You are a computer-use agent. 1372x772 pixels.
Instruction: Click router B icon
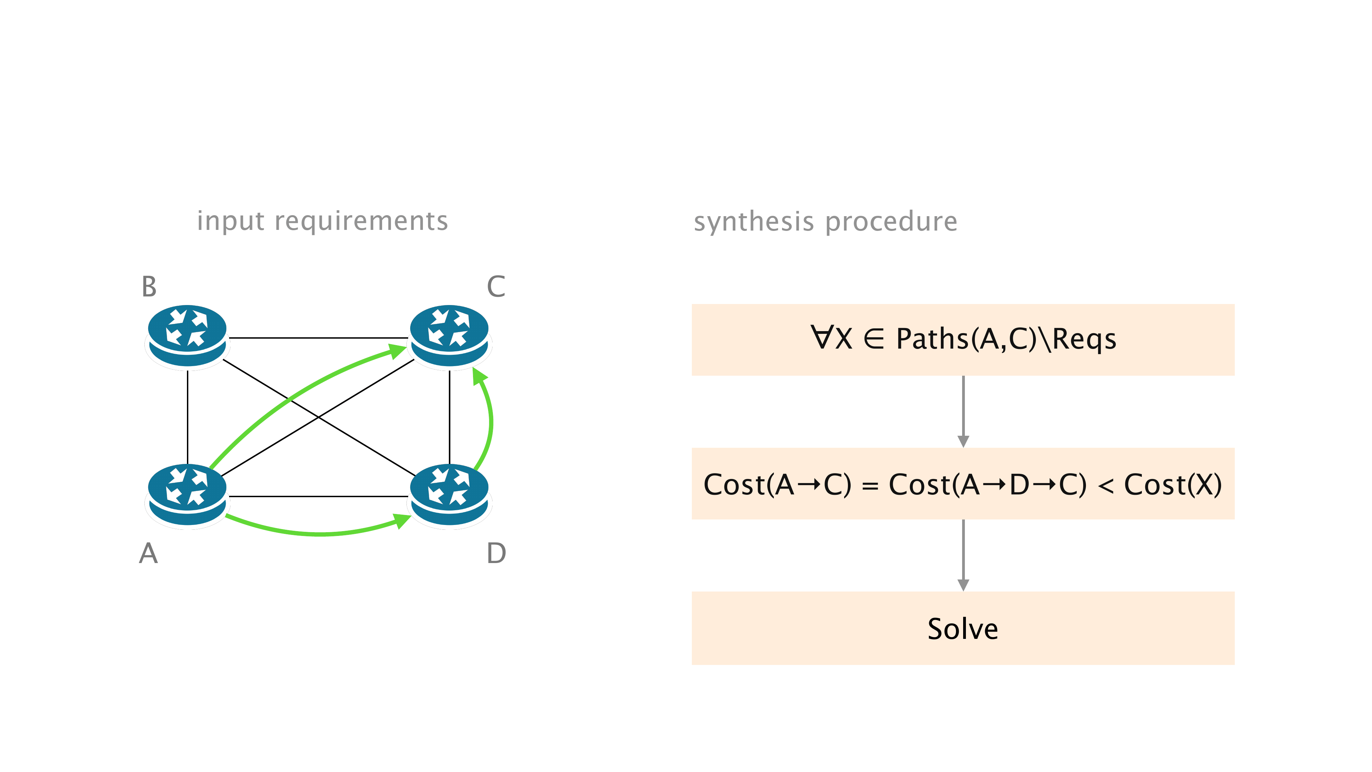click(x=187, y=336)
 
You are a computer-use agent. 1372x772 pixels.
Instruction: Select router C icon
click(x=450, y=336)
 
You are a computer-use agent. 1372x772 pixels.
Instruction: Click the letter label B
click(x=149, y=286)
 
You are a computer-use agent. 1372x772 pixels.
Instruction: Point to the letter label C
click(x=496, y=286)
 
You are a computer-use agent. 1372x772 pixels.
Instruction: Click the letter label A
click(x=149, y=553)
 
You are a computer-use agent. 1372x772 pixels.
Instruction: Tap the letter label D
click(x=496, y=553)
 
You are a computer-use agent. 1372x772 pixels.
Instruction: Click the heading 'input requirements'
click(x=322, y=221)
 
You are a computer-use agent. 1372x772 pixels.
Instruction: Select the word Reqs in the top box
click(x=1084, y=339)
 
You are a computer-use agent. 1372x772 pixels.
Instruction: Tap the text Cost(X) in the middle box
click(x=1172, y=485)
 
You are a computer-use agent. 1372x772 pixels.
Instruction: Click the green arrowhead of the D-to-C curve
click(x=480, y=376)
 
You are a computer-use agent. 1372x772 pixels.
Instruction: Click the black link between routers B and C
click(x=318, y=338)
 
